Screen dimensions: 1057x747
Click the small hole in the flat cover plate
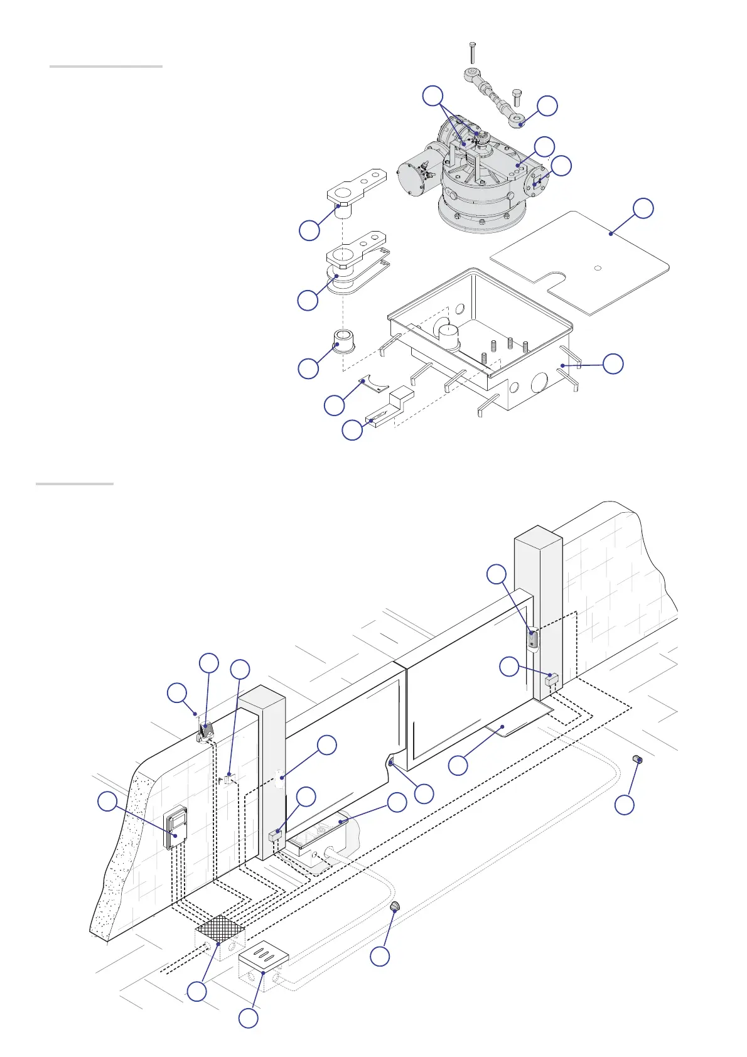point(598,268)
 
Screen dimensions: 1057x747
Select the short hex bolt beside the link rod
point(517,98)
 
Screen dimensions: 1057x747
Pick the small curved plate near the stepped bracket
point(375,385)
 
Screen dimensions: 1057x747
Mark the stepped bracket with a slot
point(389,408)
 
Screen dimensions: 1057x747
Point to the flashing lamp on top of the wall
point(205,731)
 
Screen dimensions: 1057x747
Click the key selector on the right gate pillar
point(532,639)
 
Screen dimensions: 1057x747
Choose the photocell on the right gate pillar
point(551,679)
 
